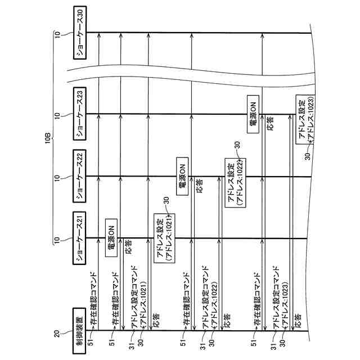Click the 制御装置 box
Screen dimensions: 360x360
(x=79, y=332)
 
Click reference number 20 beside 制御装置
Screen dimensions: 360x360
(x=56, y=333)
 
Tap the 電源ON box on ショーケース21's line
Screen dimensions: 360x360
(x=111, y=235)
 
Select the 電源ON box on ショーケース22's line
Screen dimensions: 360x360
(x=182, y=176)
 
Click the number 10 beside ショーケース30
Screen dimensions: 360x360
(x=57, y=34)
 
